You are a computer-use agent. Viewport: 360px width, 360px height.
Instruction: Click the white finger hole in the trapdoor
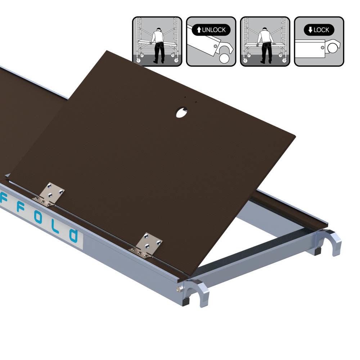(x=181, y=112)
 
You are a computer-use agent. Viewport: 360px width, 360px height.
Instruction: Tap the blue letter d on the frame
(x=74, y=235)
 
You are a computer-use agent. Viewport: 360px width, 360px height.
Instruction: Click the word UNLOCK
(x=214, y=30)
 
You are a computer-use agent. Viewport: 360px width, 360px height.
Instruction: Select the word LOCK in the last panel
(x=321, y=30)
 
